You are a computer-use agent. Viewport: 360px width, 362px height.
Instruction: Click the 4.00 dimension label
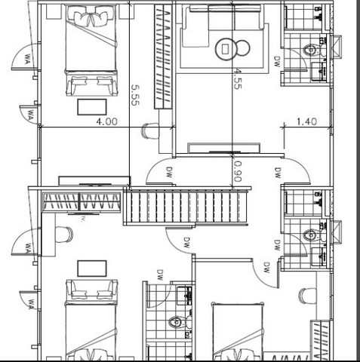pyautogui.click(x=107, y=121)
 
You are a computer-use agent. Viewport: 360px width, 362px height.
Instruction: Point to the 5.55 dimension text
pyautogui.click(x=135, y=95)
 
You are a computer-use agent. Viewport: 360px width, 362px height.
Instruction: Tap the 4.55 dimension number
pyautogui.click(x=237, y=78)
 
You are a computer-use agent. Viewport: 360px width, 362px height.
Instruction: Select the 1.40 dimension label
pyautogui.click(x=306, y=121)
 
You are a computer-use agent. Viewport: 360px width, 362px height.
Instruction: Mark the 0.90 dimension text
pyautogui.click(x=237, y=171)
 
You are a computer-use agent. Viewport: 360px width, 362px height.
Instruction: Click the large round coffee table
pyautogui.click(x=226, y=49)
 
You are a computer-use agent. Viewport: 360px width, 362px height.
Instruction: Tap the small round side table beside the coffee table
pyautogui.click(x=243, y=48)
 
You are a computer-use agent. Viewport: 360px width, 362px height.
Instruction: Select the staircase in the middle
pyautogui.click(x=186, y=207)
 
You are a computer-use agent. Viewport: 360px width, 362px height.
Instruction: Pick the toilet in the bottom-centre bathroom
pyautogui.click(x=180, y=322)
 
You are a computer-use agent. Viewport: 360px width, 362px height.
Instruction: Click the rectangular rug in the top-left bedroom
pyautogui.click(x=92, y=107)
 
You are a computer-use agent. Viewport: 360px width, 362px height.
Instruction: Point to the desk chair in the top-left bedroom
pyautogui.click(x=150, y=130)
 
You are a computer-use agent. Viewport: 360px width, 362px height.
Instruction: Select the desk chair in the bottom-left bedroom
pyautogui.click(x=64, y=235)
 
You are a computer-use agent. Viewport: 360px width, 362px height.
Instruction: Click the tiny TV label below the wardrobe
pyautogui.click(x=82, y=219)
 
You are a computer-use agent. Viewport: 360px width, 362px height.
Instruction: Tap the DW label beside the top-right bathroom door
pyautogui.click(x=277, y=61)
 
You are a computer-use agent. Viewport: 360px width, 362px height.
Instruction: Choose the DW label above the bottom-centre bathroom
pyautogui.click(x=160, y=275)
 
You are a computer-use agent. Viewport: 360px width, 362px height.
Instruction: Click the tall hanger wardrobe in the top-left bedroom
pyautogui.click(x=163, y=57)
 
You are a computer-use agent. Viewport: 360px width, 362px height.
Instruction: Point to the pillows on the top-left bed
pyautogui.click(x=91, y=17)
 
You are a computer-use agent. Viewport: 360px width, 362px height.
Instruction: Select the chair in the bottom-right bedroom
pyautogui.click(x=308, y=296)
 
